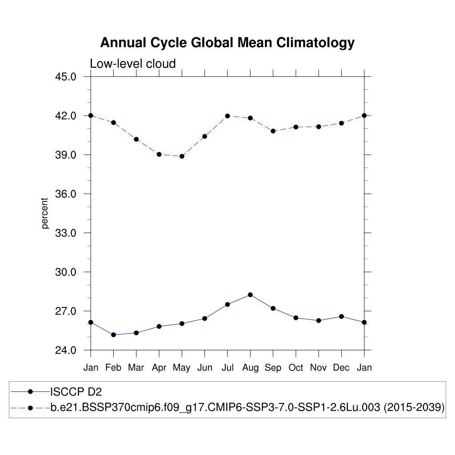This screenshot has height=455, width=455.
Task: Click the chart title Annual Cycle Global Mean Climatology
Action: (x=227, y=43)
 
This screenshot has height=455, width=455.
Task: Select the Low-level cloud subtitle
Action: (x=133, y=64)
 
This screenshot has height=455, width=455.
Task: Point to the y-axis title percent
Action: (x=45, y=213)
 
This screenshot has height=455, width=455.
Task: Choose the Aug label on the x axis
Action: (x=250, y=367)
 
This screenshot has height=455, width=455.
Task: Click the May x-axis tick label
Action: (x=182, y=368)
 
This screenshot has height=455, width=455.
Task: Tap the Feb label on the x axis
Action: (x=113, y=367)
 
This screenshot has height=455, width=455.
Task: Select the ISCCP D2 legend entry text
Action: (x=76, y=391)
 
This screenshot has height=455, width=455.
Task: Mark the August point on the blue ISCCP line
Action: (x=250, y=295)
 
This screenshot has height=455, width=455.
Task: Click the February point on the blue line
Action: (x=113, y=335)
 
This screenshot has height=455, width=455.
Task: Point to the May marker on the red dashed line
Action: (x=182, y=156)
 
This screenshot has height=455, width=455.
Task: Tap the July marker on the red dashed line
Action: (x=227, y=116)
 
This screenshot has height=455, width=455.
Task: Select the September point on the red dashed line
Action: (x=273, y=131)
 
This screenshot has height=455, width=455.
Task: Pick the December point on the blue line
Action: (x=341, y=316)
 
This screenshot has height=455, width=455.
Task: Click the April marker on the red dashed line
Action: (x=159, y=154)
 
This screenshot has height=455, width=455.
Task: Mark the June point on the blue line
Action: (x=204, y=318)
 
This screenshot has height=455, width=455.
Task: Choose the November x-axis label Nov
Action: (x=319, y=367)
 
